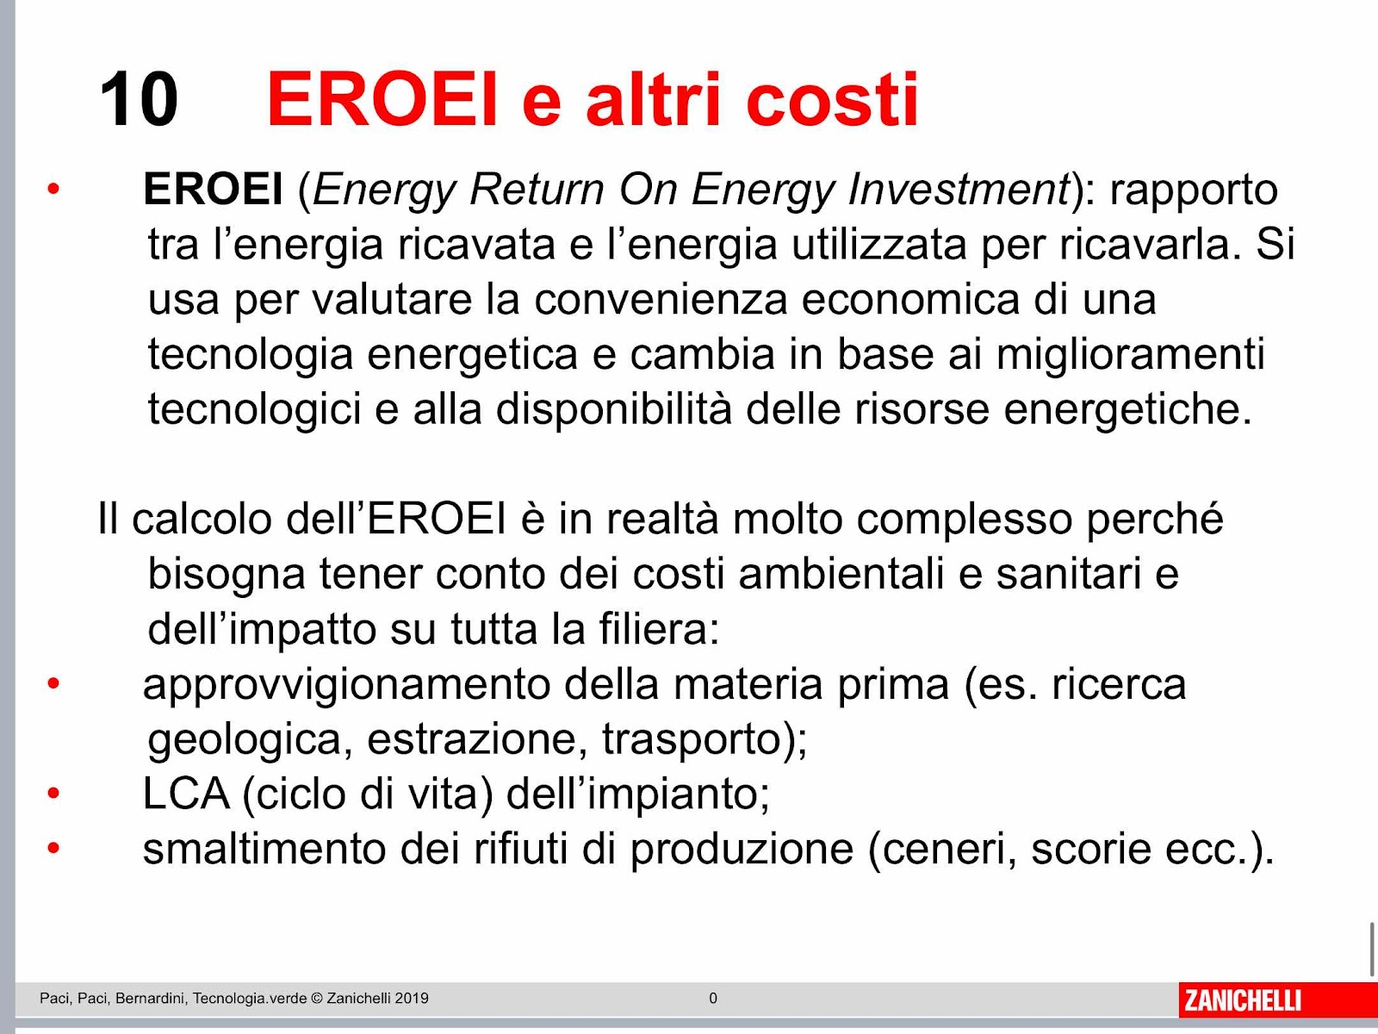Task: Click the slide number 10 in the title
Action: click(139, 99)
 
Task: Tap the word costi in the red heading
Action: click(832, 99)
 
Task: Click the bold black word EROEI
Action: click(213, 189)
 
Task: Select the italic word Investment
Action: click(959, 189)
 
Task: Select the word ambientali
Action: click(841, 574)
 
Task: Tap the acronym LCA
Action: click(186, 794)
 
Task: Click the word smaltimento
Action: click(264, 849)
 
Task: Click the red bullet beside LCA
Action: click(53, 794)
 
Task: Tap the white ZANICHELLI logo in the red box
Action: click(1243, 1000)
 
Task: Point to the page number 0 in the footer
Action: click(713, 998)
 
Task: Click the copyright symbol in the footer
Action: click(316, 998)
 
